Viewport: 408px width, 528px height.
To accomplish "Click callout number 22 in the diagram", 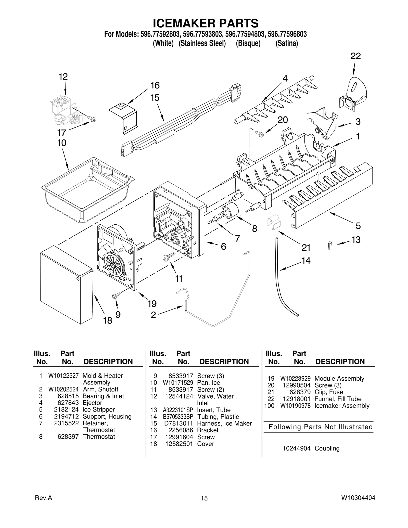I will [x=355, y=56].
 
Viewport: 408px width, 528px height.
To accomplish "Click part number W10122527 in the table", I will [x=63, y=376].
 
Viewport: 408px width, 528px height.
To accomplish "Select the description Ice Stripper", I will [x=98, y=409].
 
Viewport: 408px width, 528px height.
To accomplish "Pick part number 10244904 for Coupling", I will [x=296, y=448].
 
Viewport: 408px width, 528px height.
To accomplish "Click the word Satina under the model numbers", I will [x=287, y=43].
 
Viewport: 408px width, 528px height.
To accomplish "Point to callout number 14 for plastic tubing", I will [x=306, y=261].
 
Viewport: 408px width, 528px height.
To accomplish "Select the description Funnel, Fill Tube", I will [x=338, y=399].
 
